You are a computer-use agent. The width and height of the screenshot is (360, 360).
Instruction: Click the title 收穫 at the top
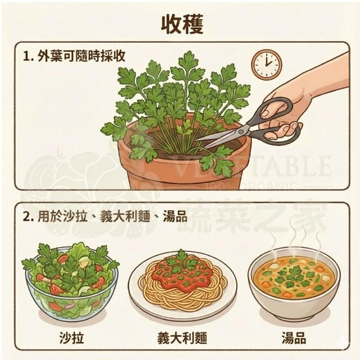(x=182, y=25)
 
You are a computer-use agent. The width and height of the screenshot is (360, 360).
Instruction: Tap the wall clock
(x=266, y=65)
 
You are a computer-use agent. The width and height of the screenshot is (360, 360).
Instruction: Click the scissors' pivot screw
(x=241, y=132)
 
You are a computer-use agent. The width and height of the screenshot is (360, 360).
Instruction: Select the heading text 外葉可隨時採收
(x=82, y=56)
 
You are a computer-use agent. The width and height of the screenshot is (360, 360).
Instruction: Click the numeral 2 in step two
(x=27, y=217)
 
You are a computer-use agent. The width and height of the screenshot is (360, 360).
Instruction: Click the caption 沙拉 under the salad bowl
(x=71, y=338)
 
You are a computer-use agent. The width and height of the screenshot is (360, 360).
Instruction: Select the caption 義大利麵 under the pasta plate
(x=182, y=338)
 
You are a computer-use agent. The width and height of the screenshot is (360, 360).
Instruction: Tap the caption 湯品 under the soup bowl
(x=294, y=338)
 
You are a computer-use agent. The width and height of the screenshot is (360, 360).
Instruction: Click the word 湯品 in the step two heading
(x=175, y=217)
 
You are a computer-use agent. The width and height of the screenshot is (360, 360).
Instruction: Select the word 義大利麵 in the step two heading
(x=125, y=217)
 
